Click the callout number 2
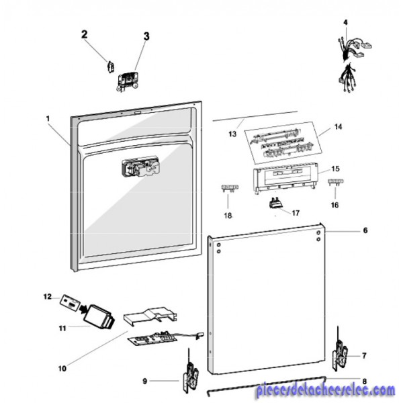point(85,35)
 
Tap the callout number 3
point(146,36)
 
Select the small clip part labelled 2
point(111,67)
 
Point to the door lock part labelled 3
point(128,81)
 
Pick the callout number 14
point(339,127)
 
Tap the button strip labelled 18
point(230,188)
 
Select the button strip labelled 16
point(336,182)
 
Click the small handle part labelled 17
point(276,203)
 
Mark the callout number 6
point(365,230)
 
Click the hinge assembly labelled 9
point(191,373)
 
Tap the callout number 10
point(62,369)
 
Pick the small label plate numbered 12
point(70,303)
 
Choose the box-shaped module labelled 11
point(99,317)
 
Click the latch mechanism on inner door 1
point(141,167)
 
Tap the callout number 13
point(232,134)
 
